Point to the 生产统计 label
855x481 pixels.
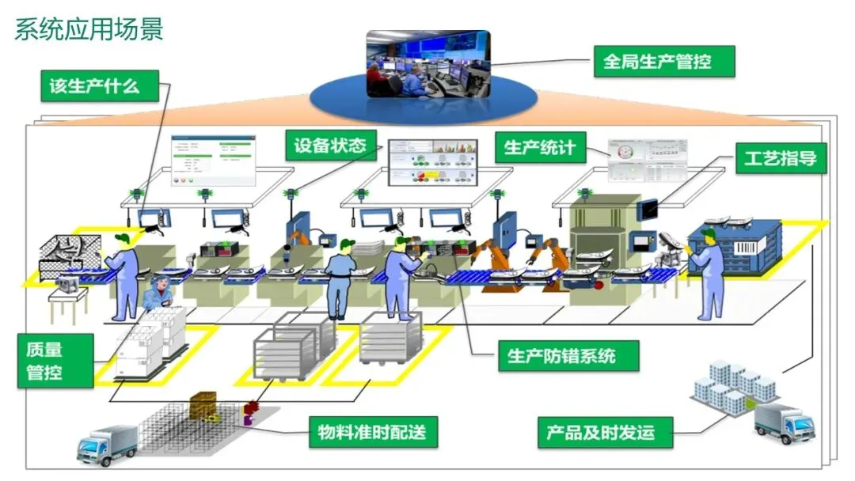[x=541, y=147]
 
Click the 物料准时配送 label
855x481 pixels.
[x=372, y=432]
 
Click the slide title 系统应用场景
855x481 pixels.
[x=89, y=29]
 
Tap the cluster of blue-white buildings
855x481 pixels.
[x=734, y=385]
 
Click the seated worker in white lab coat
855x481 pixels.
[x=158, y=292]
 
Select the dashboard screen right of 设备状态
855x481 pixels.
[x=432, y=161]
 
